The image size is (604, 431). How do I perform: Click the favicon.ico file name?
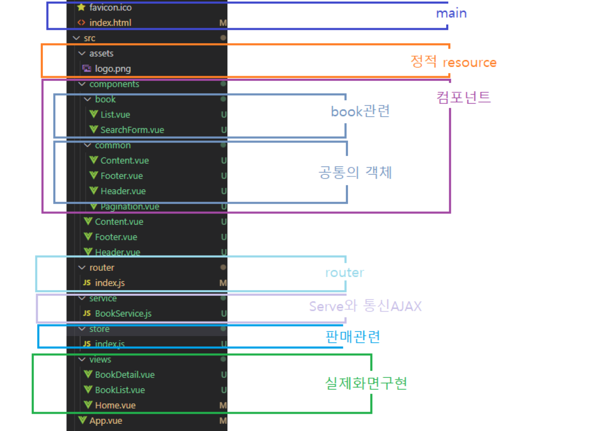(x=110, y=8)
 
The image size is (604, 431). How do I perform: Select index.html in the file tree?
(x=110, y=23)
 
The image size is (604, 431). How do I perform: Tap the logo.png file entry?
(x=113, y=69)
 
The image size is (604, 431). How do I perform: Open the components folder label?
(x=114, y=84)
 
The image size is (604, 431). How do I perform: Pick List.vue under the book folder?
(x=115, y=115)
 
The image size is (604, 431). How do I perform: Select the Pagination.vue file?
(x=130, y=207)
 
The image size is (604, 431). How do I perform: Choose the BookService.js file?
(x=123, y=314)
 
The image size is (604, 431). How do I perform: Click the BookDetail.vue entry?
(x=125, y=375)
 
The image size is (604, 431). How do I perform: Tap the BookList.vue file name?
(x=120, y=390)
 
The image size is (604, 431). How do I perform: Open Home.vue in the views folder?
(x=115, y=405)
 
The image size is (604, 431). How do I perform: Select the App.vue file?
(x=106, y=421)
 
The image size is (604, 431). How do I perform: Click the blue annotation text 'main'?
(x=451, y=13)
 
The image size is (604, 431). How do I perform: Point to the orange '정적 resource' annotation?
(x=454, y=63)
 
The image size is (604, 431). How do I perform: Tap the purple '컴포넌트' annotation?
(x=463, y=97)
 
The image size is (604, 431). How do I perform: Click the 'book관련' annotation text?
(x=361, y=111)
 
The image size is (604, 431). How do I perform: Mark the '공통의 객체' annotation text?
(x=355, y=172)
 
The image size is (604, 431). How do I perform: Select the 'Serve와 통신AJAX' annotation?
(x=365, y=306)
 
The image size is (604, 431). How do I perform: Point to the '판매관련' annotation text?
(x=353, y=337)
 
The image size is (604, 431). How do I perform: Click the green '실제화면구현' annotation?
(x=366, y=384)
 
